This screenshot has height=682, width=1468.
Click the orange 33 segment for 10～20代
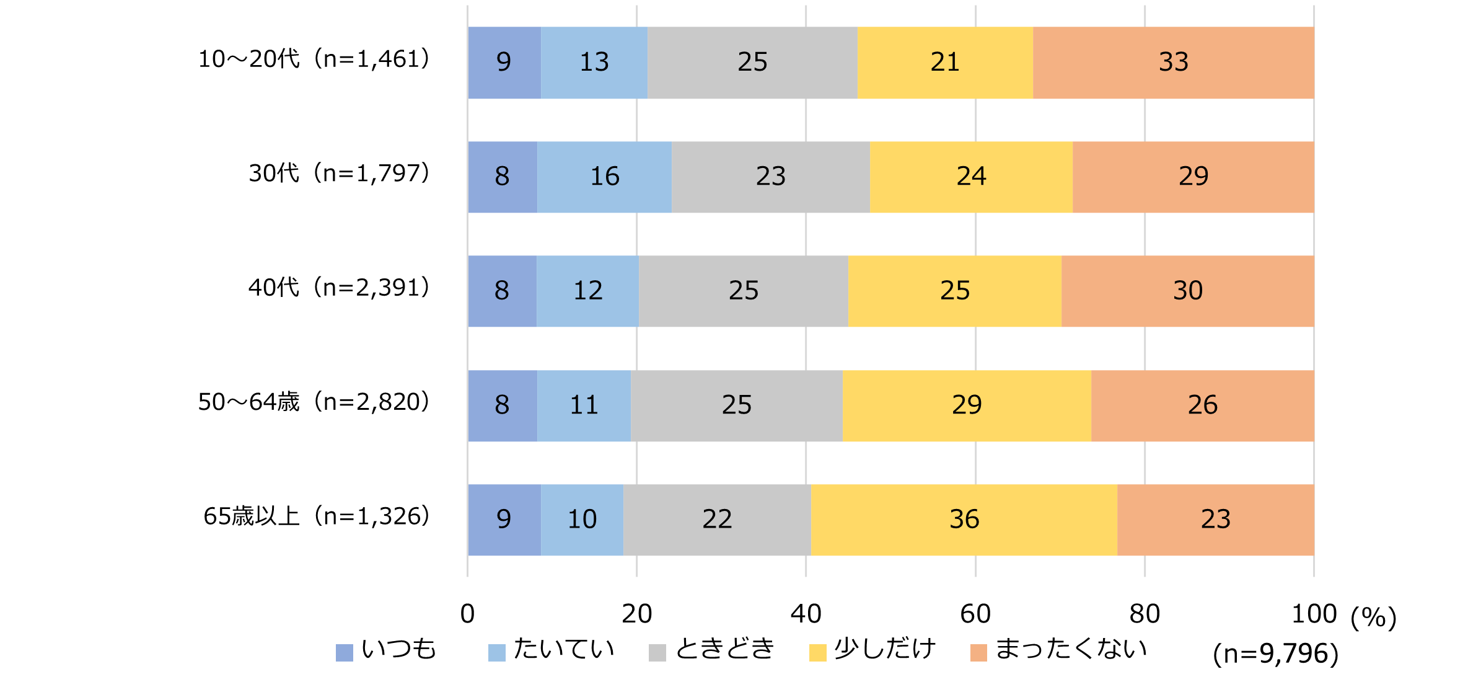coord(1173,62)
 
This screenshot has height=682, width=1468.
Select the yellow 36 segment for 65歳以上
coord(964,520)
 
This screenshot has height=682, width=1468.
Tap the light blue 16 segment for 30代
coord(604,177)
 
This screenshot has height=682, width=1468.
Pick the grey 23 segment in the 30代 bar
coord(770,177)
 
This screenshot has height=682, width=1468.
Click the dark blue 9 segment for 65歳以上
coord(504,520)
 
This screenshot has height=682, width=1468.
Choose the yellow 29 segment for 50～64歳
coord(967,405)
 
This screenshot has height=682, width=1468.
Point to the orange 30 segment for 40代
coord(1187,291)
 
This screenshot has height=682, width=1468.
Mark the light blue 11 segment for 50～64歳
coord(584,405)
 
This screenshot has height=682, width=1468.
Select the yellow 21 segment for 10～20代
coord(945,62)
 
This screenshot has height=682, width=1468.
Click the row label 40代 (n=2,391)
coord(338,288)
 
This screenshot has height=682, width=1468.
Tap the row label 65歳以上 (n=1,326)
coord(316,516)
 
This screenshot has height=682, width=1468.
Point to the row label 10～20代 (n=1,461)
coord(313,59)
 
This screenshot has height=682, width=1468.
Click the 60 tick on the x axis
coord(975,614)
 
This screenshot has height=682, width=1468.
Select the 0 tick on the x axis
coord(467,614)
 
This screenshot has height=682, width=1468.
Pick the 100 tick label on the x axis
coord(1314,614)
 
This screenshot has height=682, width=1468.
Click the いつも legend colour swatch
coord(344,652)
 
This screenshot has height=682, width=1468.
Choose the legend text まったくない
coord(1071,649)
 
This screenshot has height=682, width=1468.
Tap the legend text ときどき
coord(725,649)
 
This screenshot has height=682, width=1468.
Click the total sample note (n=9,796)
coord(1275,653)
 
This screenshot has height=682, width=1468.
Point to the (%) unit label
coord(1373,617)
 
